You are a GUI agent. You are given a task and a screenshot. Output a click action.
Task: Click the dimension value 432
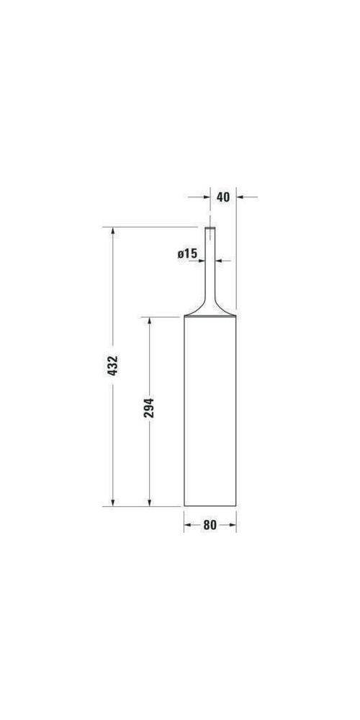[112, 366]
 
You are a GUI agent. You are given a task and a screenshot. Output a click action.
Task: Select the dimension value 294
[149, 408]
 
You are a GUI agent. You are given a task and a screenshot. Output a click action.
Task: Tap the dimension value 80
[210, 525]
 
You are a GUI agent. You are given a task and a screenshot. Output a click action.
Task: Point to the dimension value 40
[223, 197]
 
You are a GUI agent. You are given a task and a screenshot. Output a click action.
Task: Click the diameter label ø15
[187, 253]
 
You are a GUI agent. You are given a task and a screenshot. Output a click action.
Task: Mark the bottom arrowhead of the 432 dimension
[112, 503]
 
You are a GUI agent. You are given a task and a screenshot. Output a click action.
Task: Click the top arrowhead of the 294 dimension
[149, 321]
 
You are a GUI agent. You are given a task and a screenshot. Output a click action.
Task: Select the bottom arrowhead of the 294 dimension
[149, 503]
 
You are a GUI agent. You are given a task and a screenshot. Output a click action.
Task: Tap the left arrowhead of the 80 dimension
[188, 525]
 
